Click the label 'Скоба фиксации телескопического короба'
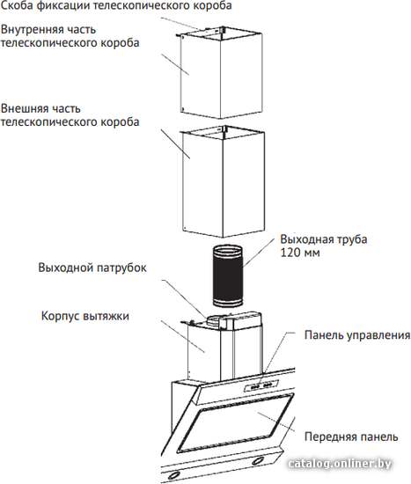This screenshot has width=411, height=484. [x=116, y=5]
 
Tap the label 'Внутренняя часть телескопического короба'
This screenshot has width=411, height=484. [x=70, y=36]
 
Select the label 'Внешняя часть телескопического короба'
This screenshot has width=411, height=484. [x=70, y=115]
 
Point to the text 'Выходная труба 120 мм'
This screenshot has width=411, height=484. [x=324, y=246]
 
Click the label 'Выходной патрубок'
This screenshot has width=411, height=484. [x=92, y=268]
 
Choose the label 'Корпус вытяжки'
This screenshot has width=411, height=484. [x=84, y=316]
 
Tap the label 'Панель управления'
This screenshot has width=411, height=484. [x=357, y=335]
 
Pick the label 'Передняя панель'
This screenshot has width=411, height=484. [x=351, y=436]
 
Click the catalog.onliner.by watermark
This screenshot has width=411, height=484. [x=340, y=463]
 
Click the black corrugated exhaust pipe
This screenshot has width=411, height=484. [x=228, y=276]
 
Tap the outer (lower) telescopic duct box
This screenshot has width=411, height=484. [x=224, y=181]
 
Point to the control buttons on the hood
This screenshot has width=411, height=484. [x=261, y=385]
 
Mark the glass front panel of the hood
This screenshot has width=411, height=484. [x=235, y=423]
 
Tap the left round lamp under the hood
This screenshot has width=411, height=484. [x=175, y=475]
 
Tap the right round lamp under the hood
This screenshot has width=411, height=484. [x=258, y=461]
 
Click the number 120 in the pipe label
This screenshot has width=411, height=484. [x=290, y=253]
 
